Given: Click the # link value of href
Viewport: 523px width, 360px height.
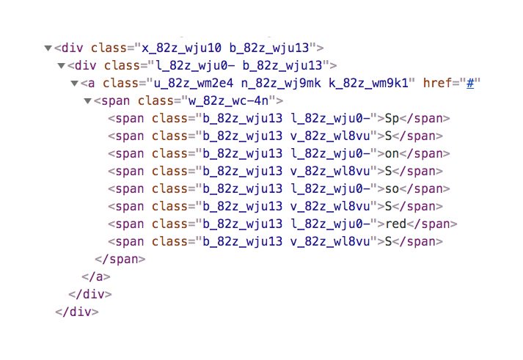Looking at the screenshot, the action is click(467, 83).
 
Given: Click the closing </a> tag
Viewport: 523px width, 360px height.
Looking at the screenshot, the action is click(95, 276).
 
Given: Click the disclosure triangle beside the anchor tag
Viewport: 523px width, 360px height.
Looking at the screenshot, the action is click(73, 83).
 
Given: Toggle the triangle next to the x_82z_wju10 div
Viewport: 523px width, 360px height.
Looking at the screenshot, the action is click(48, 48).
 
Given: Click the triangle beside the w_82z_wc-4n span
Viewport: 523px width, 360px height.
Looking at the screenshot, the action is click(88, 100).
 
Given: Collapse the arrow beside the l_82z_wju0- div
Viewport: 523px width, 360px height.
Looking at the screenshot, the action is click(60, 66).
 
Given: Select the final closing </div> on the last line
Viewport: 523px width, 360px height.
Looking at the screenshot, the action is click(76, 312).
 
